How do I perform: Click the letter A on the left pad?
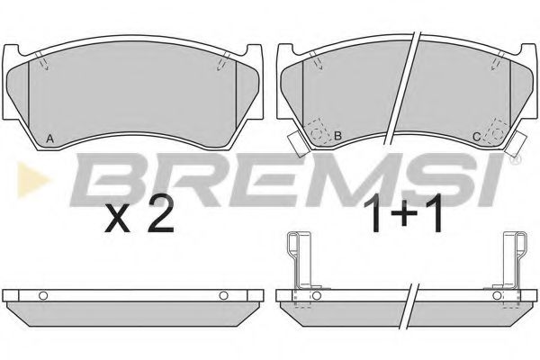49,139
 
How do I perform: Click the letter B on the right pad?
337,136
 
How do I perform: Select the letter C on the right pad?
476,137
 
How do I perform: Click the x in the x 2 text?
118,219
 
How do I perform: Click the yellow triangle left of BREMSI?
32,179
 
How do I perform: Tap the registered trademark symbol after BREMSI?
517,159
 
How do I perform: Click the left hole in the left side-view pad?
43,295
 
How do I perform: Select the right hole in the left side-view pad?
223,295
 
